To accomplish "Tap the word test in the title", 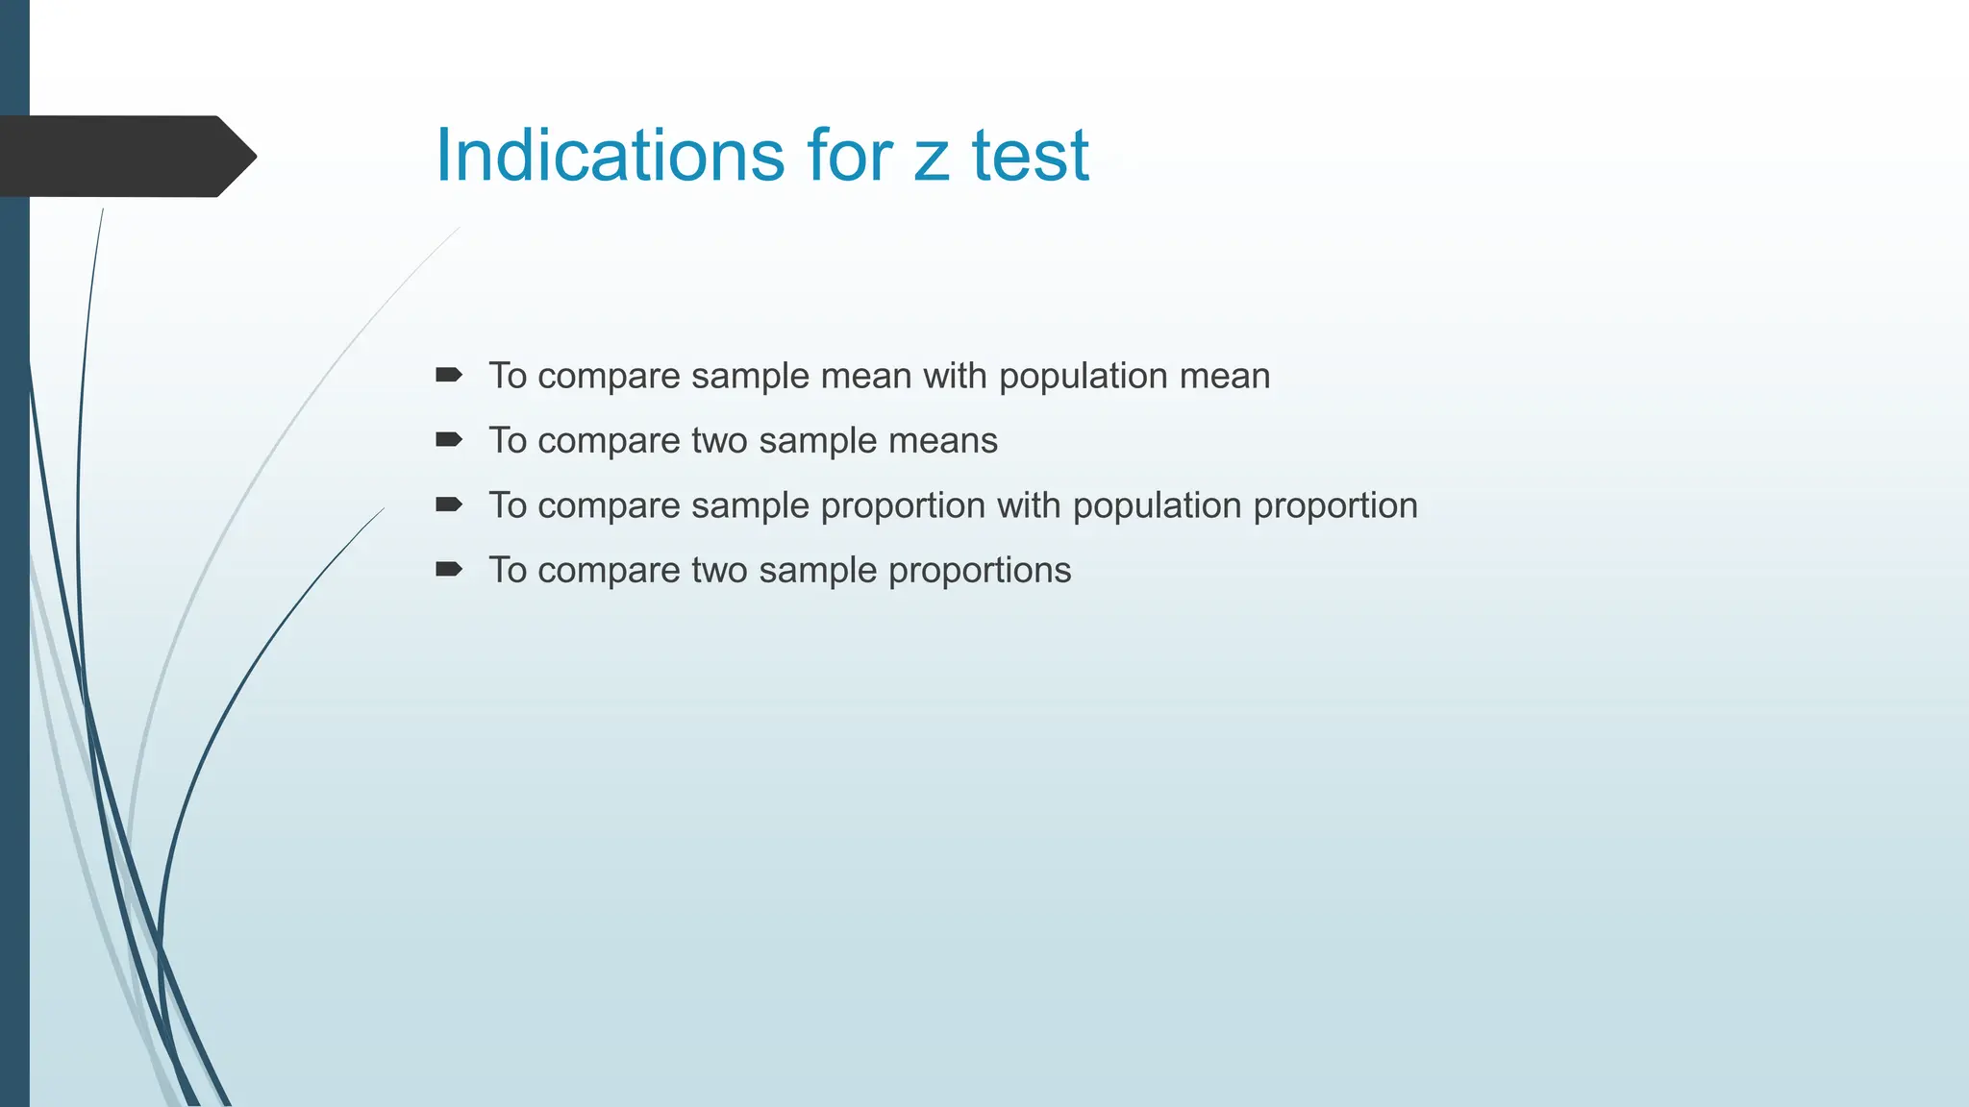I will coord(1030,155).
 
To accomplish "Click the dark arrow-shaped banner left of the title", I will coord(125,156).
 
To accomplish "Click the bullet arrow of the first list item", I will coord(448,375).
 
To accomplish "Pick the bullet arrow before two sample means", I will coord(448,440).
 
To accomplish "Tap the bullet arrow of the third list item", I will coord(448,504).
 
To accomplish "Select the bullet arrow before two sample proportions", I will coord(448,569).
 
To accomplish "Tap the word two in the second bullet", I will coord(719,441).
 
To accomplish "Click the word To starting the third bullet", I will coord(508,505).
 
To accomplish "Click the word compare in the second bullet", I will coord(609,441).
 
